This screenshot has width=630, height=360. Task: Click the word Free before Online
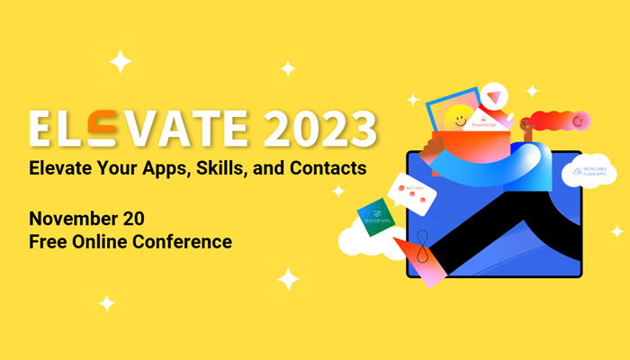pos(46,241)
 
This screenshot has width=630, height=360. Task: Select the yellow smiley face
pos(462,117)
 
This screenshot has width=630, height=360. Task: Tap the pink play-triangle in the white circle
pos(492,94)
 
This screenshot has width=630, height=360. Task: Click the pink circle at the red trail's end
pos(580,119)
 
